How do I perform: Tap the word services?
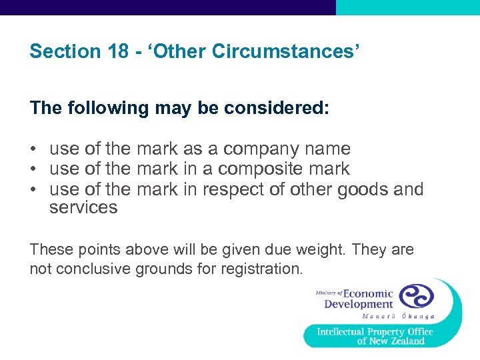tap(83, 207)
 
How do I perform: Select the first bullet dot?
tap(33, 149)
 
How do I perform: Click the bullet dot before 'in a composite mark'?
tap(33, 169)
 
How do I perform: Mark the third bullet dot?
tap(33, 190)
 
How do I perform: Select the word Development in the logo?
tap(359, 305)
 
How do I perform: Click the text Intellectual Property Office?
tap(375, 331)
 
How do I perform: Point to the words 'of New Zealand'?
tap(391, 341)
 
